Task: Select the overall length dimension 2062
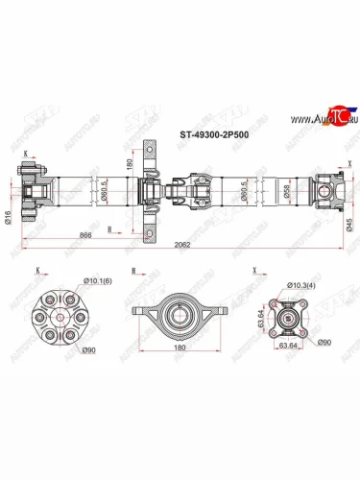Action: click(181, 246)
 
